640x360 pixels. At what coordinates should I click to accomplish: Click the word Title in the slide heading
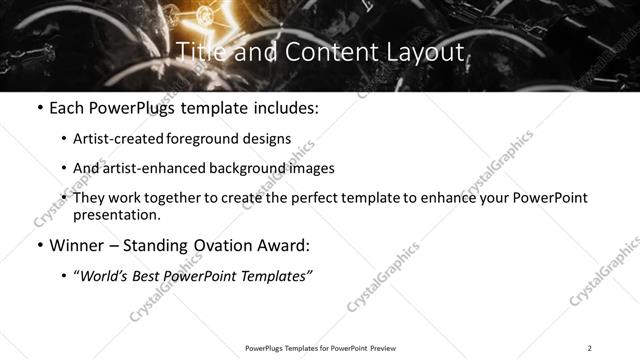click(x=200, y=52)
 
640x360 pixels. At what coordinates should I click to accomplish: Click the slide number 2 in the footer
click(x=589, y=348)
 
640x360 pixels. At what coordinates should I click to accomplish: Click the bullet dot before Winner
click(x=39, y=244)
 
